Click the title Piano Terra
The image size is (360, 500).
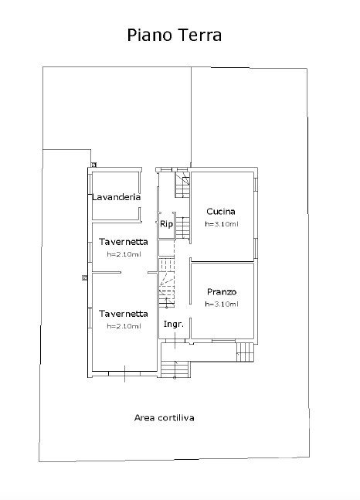click(174, 35)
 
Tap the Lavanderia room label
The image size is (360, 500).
click(117, 197)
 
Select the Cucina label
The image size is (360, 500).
click(221, 212)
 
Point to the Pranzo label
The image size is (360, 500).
click(222, 292)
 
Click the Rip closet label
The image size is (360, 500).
click(166, 224)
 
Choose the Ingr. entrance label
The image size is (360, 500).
click(174, 325)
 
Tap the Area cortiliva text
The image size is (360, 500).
click(165, 418)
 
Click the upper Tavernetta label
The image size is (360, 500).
click(124, 242)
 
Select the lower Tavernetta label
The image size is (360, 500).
click(124, 314)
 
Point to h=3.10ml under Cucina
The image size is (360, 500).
click(222, 224)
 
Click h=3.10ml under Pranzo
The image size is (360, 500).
click(222, 304)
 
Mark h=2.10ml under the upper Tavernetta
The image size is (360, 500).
click(124, 254)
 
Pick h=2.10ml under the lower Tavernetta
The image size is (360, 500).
click(124, 326)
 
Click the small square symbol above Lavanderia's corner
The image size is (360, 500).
click(93, 165)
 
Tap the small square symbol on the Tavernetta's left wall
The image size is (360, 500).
click(84, 277)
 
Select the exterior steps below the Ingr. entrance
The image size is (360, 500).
click(175, 369)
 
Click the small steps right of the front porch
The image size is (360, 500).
click(245, 352)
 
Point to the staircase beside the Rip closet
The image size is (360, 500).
click(183, 227)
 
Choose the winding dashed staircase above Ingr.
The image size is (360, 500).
click(167, 283)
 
